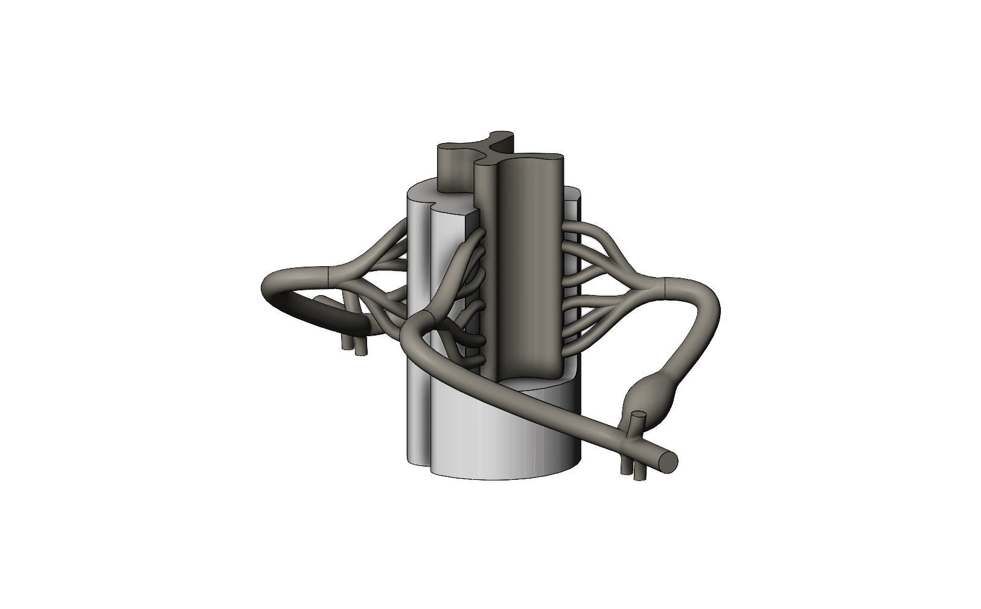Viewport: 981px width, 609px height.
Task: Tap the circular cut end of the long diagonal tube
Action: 668,461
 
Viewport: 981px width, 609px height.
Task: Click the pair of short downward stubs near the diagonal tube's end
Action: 631,470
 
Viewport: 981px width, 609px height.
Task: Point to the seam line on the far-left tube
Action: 327,277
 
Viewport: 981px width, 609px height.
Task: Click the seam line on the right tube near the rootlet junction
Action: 663,289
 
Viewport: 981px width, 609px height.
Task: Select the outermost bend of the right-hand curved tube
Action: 717,314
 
